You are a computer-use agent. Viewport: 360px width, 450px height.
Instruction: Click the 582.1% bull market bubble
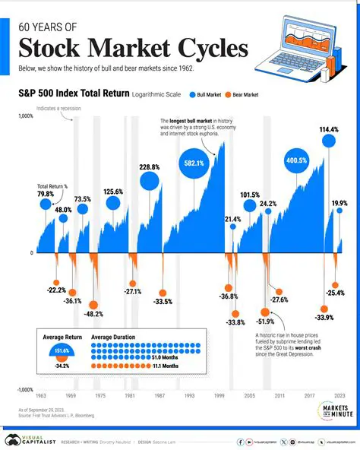coord(193,163)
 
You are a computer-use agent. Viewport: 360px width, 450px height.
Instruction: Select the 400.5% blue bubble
coord(296,161)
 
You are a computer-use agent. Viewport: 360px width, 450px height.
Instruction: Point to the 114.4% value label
coord(329,129)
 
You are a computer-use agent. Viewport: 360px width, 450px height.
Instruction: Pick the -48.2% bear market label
coord(93,313)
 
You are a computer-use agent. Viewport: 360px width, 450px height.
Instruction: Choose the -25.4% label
coord(335,293)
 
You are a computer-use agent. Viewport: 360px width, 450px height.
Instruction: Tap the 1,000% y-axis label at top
coord(24,116)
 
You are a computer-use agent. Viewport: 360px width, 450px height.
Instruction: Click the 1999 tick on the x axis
coord(220,397)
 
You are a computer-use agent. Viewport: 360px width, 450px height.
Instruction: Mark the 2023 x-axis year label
coord(339,397)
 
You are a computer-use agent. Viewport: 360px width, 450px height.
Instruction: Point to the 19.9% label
coord(339,204)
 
